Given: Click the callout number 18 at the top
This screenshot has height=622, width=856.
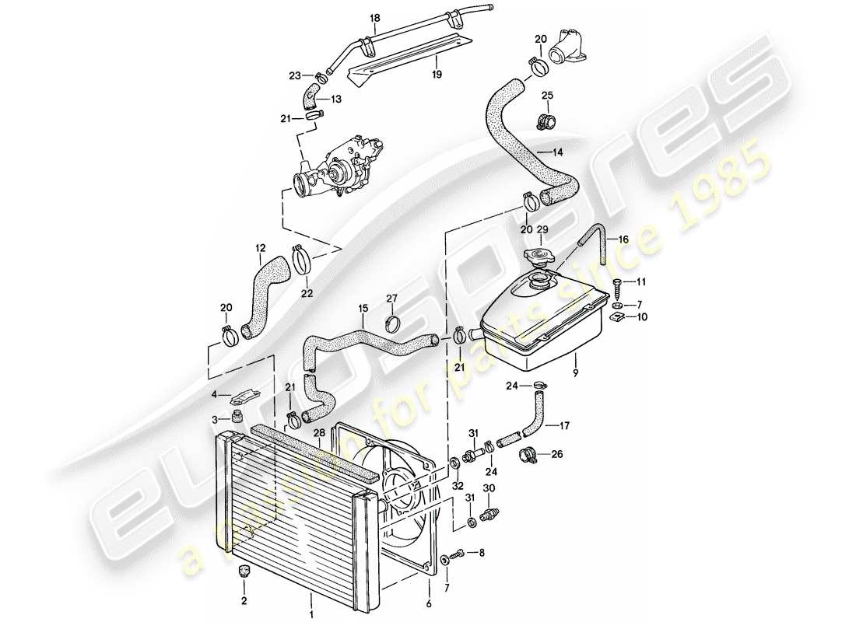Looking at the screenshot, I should point(375,17).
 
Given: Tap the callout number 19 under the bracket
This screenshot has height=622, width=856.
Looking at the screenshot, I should point(437,74).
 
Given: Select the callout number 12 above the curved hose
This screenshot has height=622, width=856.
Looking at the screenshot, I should point(259,249).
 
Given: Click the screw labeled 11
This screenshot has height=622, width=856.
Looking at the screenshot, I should point(618,286).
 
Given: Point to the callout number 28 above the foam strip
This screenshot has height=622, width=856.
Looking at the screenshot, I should point(318,432).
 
